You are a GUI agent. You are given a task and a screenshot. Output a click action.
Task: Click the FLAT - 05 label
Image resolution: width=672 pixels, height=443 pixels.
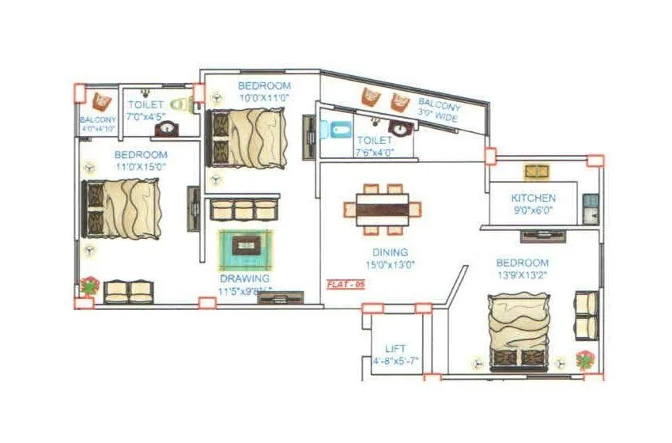point(345,284)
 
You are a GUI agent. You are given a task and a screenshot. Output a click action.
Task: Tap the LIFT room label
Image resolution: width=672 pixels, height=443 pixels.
point(395,348)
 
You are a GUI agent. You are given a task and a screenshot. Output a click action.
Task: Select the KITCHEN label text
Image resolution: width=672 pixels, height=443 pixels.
point(533,198)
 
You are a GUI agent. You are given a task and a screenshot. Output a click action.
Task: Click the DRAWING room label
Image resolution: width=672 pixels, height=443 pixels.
point(245,278)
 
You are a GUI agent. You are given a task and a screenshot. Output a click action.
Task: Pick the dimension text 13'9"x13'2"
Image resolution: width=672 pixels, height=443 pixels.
point(523,276)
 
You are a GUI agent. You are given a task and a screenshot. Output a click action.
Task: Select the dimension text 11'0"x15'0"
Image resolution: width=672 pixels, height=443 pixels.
point(140,168)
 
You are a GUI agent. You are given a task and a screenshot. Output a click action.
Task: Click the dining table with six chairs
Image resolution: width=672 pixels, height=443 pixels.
point(383,210)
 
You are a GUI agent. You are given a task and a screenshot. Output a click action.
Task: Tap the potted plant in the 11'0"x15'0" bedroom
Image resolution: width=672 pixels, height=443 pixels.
point(89,286)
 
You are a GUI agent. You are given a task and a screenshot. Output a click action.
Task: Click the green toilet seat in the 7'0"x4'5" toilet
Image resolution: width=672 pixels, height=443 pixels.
point(184,103)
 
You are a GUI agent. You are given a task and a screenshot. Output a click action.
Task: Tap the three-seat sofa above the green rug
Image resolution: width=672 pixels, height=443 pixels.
point(243,209)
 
